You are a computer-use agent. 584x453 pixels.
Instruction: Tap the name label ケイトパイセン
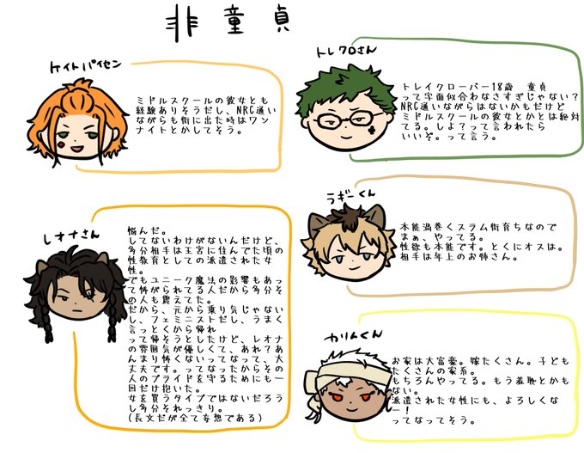click(x=88, y=67)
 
